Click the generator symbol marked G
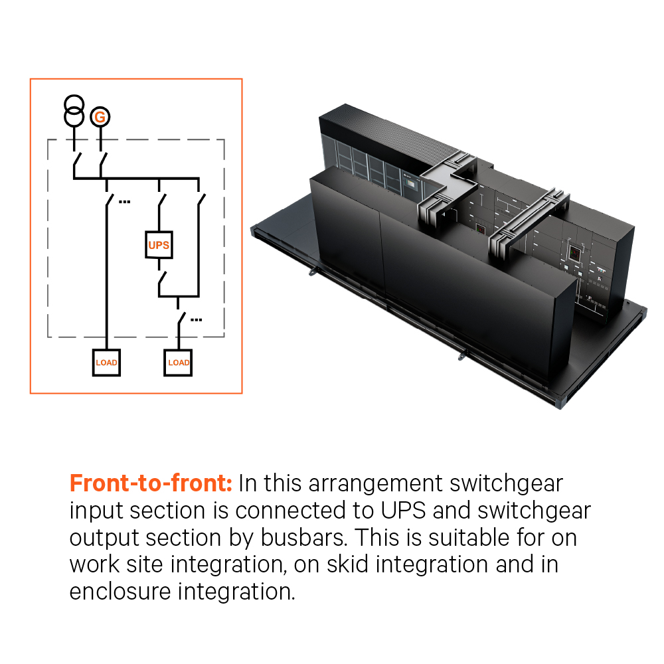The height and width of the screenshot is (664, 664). point(100,118)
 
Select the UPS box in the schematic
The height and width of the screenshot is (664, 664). point(159,245)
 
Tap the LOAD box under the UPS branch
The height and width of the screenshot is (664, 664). point(178,363)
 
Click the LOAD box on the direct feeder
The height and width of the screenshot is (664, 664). point(106,363)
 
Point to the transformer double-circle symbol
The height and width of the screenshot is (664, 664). point(74,110)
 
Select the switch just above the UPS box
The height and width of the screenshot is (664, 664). point(160,200)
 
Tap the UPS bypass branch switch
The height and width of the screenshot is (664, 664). point(199,200)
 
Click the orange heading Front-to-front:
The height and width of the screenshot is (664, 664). point(151,483)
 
